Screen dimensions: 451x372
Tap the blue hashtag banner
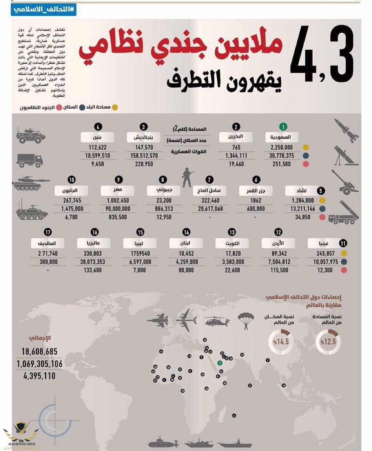43,10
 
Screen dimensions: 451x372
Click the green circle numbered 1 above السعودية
284,127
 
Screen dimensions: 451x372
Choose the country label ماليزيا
94,243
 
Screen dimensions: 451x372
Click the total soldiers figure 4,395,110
39,376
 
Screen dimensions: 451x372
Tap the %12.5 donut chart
328,342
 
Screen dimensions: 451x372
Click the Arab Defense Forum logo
21,435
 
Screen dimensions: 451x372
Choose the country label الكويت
232,243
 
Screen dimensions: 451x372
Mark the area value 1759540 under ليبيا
141,254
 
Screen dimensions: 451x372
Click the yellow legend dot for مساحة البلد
115,107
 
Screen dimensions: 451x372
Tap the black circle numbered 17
48,232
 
